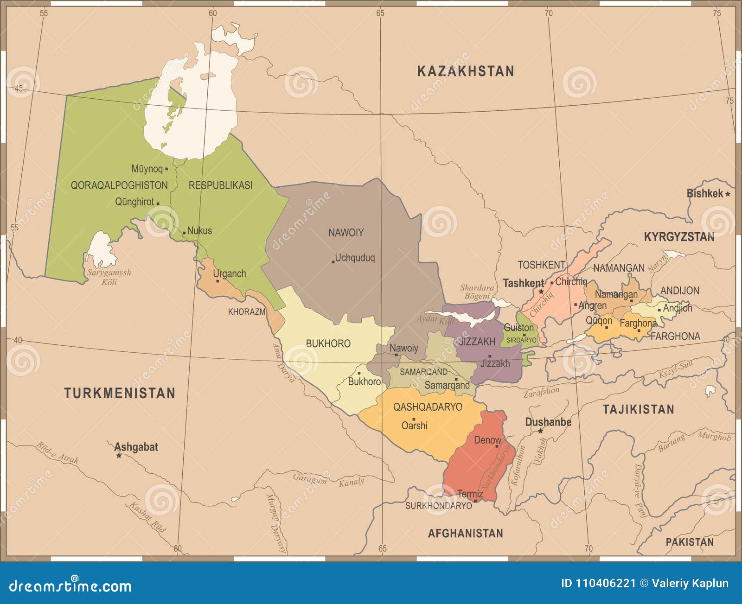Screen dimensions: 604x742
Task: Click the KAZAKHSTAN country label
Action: click(x=466, y=71)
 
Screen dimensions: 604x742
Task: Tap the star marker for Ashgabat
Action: click(x=119, y=456)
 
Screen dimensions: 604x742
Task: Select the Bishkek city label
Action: click(x=704, y=193)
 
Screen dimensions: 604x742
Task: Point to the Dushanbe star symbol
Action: click(x=540, y=431)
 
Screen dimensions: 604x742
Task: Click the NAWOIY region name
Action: click(x=346, y=233)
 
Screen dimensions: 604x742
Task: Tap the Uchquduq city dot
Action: click(x=333, y=262)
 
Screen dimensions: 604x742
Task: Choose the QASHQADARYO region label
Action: click(x=428, y=407)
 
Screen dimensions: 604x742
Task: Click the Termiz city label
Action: click(x=470, y=494)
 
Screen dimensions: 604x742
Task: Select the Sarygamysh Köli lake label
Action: click(x=109, y=277)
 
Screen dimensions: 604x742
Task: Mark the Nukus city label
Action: click(x=199, y=230)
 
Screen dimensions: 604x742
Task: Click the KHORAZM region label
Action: click(x=246, y=312)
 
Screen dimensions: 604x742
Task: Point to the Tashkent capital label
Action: click(x=523, y=283)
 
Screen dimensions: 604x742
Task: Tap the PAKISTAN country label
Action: click(x=690, y=542)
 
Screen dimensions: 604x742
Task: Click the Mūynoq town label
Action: click(x=147, y=169)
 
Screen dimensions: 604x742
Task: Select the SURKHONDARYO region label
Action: click(x=438, y=506)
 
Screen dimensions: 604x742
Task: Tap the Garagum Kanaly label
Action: click(x=328, y=480)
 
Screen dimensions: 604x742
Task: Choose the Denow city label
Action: click(x=487, y=440)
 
